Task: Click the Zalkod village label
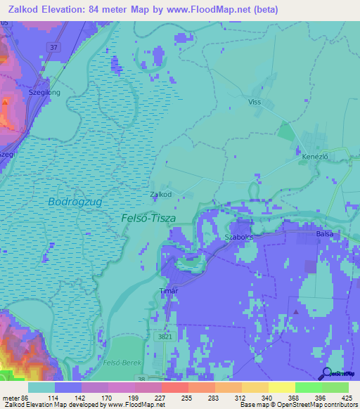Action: click(x=161, y=195)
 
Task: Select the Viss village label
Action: click(x=255, y=101)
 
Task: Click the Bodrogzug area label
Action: click(x=75, y=202)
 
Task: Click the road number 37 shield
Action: click(x=54, y=47)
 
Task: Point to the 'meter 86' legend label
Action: click(x=14, y=397)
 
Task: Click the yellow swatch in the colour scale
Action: click(x=281, y=387)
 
